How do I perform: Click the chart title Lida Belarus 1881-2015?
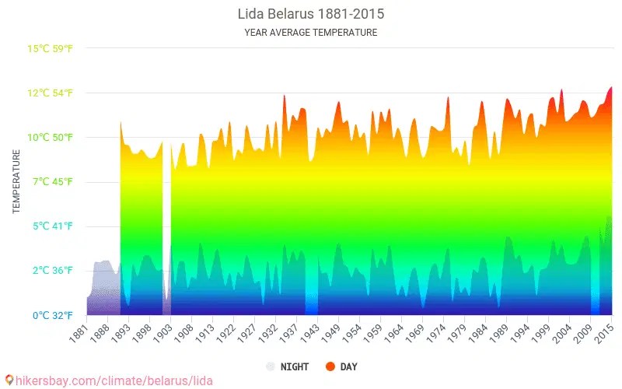pos(310,14)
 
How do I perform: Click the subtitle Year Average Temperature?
pos(310,33)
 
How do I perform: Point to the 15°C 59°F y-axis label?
pos(51,49)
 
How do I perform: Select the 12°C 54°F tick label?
pos(51,93)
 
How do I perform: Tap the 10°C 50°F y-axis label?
pos(51,138)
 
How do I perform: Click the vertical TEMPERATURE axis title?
pos(16,182)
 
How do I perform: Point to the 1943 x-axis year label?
pos(309,332)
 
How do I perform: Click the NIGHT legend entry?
pos(288,366)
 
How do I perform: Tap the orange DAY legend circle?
pos(330,366)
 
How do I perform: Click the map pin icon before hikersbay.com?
pos(9,380)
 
